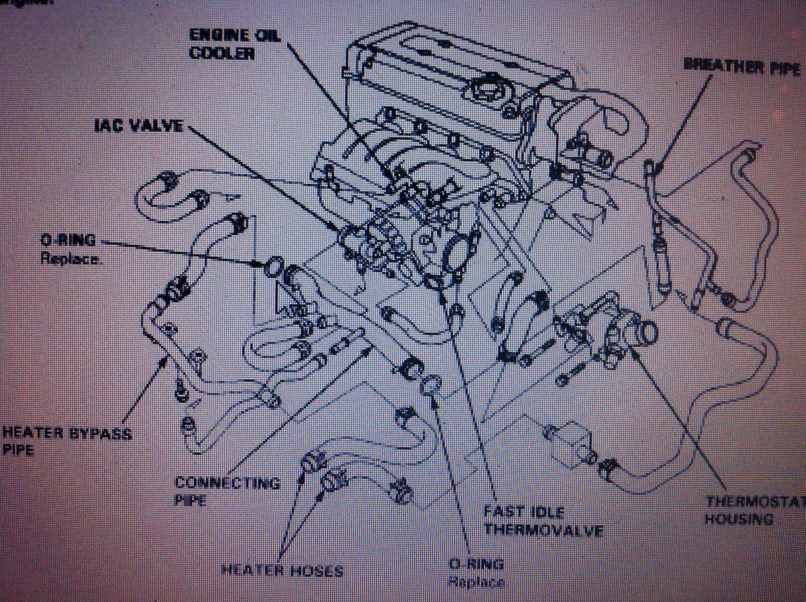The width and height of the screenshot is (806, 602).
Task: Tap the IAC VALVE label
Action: (x=139, y=125)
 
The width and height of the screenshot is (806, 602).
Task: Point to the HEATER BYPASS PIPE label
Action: (x=66, y=440)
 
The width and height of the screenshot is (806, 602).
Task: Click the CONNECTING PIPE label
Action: (x=227, y=491)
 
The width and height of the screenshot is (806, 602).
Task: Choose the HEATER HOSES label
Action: (x=282, y=571)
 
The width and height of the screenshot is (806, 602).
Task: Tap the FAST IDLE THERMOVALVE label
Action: (x=543, y=521)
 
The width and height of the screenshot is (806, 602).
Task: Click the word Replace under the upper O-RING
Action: (x=71, y=258)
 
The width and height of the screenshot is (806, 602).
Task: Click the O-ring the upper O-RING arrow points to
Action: (x=273, y=267)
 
